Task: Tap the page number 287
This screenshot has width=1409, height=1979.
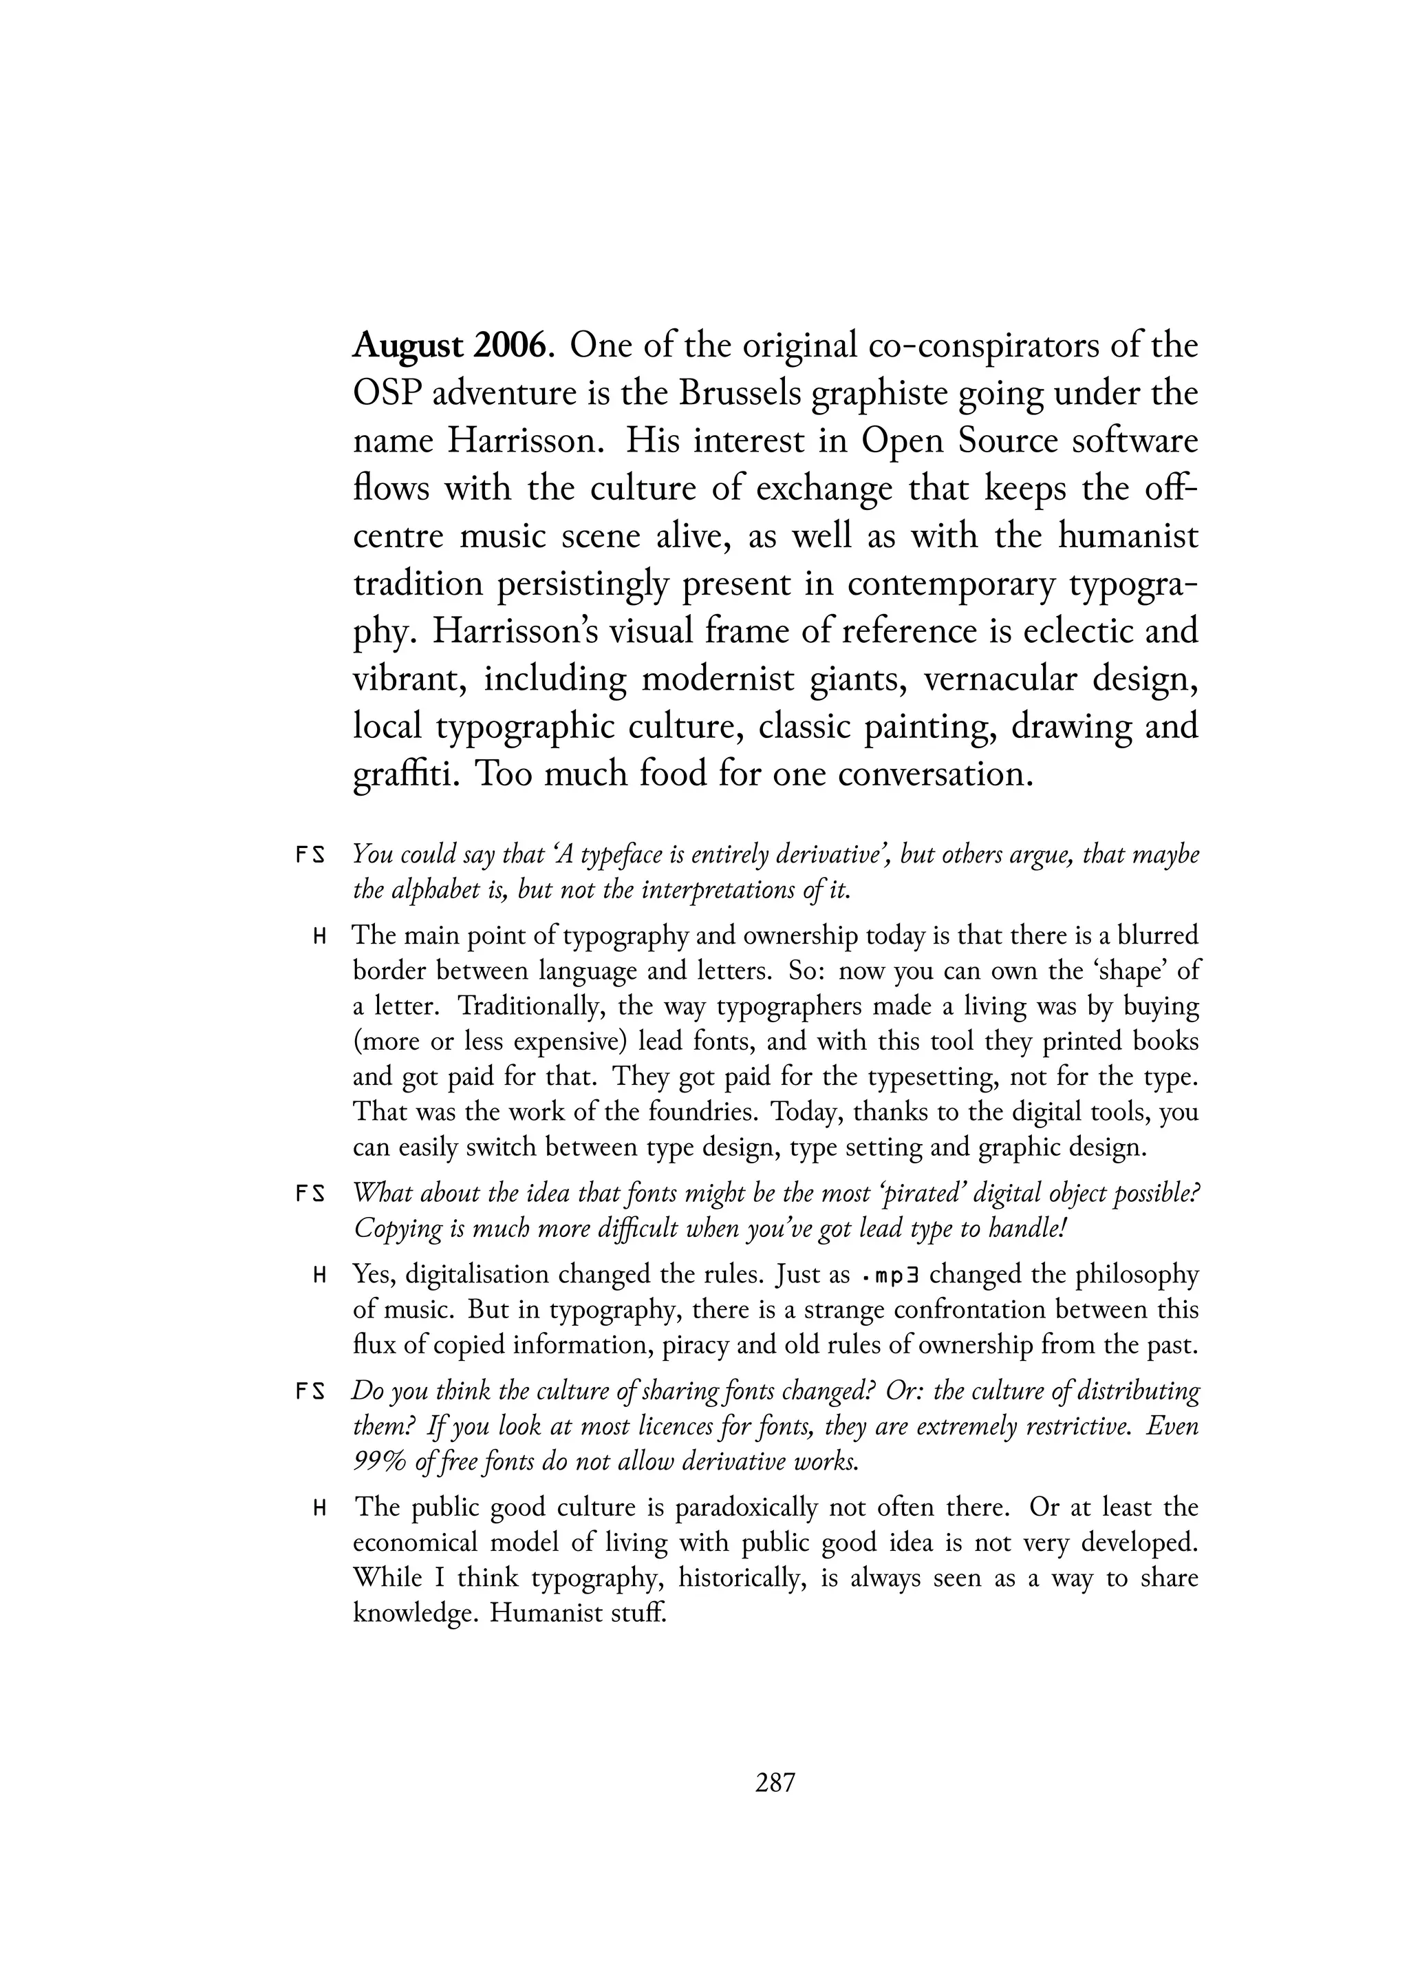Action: (x=775, y=1783)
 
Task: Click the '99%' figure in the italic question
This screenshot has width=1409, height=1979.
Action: (x=379, y=1463)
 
